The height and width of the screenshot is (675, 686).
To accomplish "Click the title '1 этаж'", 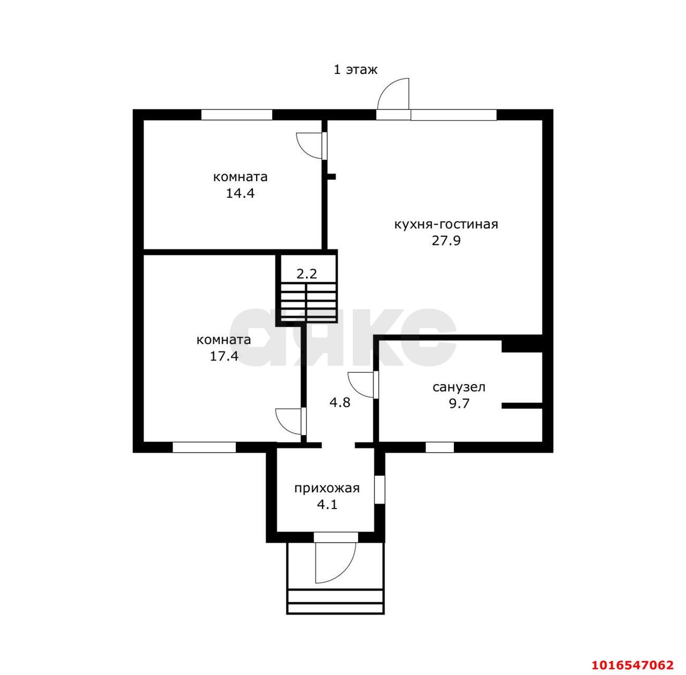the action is [x=355, y=70].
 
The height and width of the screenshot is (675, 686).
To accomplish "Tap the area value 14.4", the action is [x=240, y=193].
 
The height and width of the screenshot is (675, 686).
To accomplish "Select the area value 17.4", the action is [x=224, y=356].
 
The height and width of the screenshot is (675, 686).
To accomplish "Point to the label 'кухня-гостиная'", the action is [x=446, y=224].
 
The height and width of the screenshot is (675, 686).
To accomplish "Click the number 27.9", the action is [x=446, y=241].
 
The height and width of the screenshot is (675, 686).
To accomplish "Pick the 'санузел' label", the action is [x=459, y=387].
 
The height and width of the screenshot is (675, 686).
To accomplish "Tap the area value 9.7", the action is [x=459, y=404].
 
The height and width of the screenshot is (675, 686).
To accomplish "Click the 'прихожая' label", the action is [x=327, y=489].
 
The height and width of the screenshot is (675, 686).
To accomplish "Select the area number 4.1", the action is [x=327, y=505].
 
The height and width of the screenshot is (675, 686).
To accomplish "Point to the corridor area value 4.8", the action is [x=340, y=403].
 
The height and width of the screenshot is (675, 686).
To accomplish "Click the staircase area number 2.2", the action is [x=307, y=274].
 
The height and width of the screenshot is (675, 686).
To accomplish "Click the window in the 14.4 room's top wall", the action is [x=237, y=115].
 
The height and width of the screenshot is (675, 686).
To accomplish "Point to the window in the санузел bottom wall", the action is [x=439, y=447].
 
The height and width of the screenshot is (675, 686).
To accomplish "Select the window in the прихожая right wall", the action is [x=380, y=490].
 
